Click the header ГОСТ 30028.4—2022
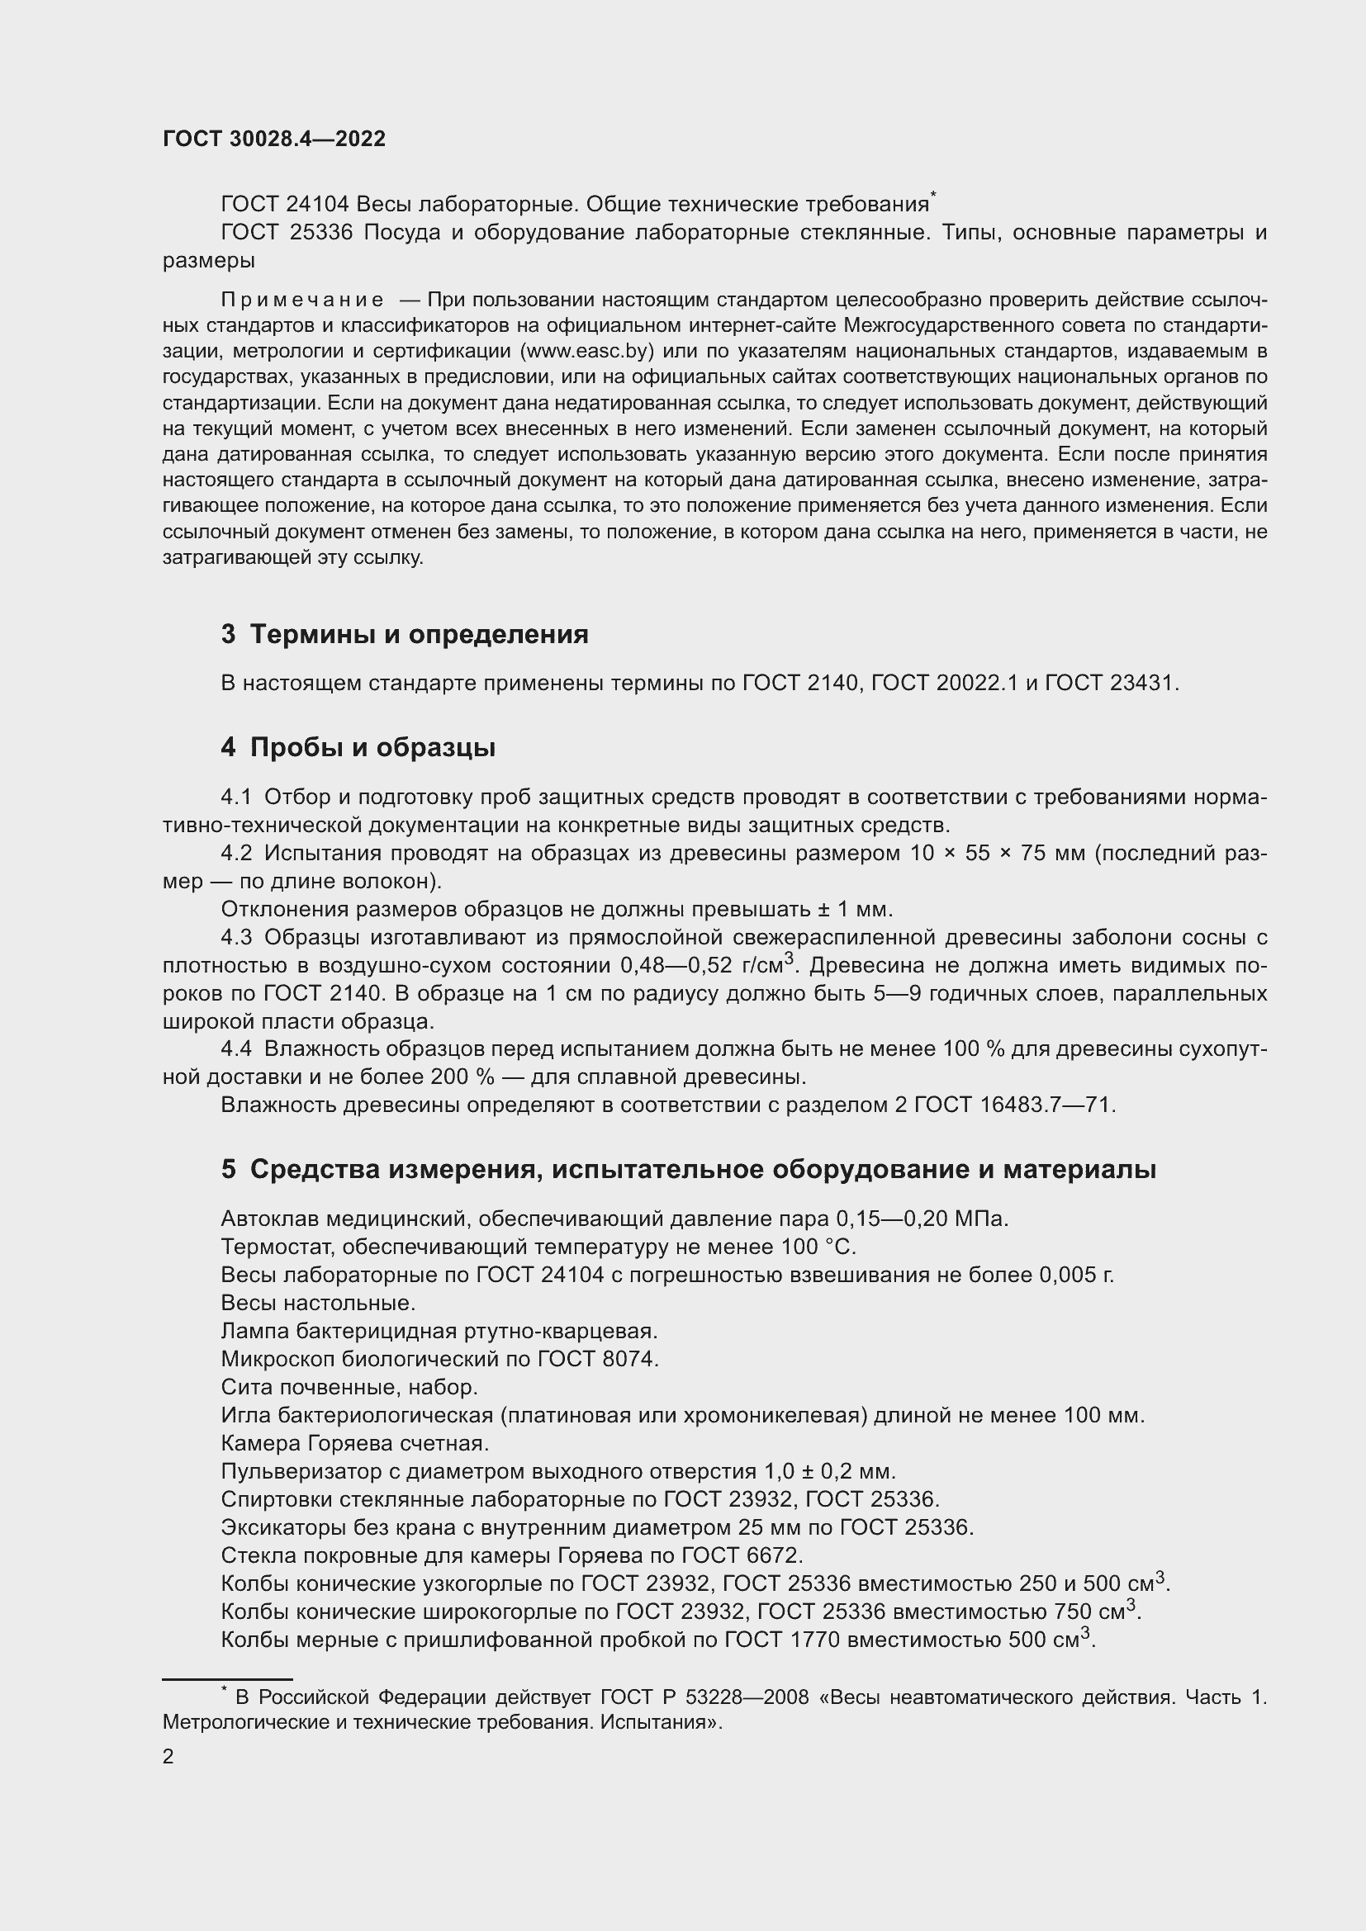click(x=274, y=139)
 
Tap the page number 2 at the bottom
click(x=168, y=1756)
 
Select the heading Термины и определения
click(x=419, y=633)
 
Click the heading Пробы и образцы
click(x=372, y=747)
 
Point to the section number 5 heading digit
click(x=229, y=1169)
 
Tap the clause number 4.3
click(x=236, y=937)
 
